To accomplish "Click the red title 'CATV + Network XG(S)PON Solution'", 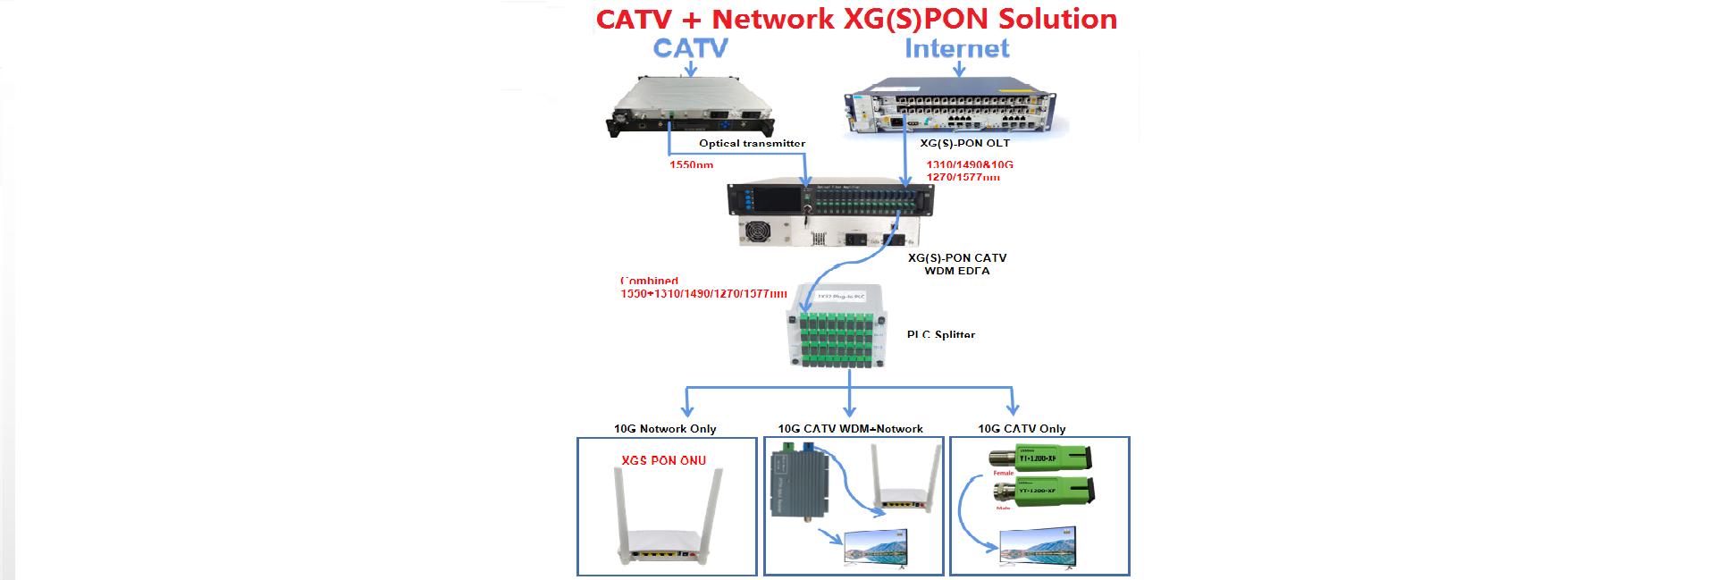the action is click(x=856, y=19).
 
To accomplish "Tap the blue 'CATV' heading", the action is click(x=690, y=48).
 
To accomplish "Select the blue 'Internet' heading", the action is click(x=956, y=48).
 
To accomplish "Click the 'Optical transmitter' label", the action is click(x=752, y=143).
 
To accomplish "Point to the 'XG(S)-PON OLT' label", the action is click(x=964, y=143).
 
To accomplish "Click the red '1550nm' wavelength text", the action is click(x=691, y=164).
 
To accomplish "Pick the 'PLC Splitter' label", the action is click(x=940, y=334).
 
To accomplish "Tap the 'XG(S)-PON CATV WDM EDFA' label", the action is click(x=957, y=264).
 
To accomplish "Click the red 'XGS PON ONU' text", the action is click(x=663, y=460).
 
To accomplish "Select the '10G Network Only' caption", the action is click(x=665, y=429).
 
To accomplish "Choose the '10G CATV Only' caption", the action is click(x=1022, y=429).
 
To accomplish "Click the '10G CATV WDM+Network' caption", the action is click(x=850, y=429).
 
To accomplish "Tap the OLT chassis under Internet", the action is click(x=953, y=108).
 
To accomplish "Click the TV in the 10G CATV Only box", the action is click(x=1038, y=546).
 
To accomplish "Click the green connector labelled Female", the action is click(x=1041, y=458).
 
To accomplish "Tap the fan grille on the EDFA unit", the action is click(x=758, y=231).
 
